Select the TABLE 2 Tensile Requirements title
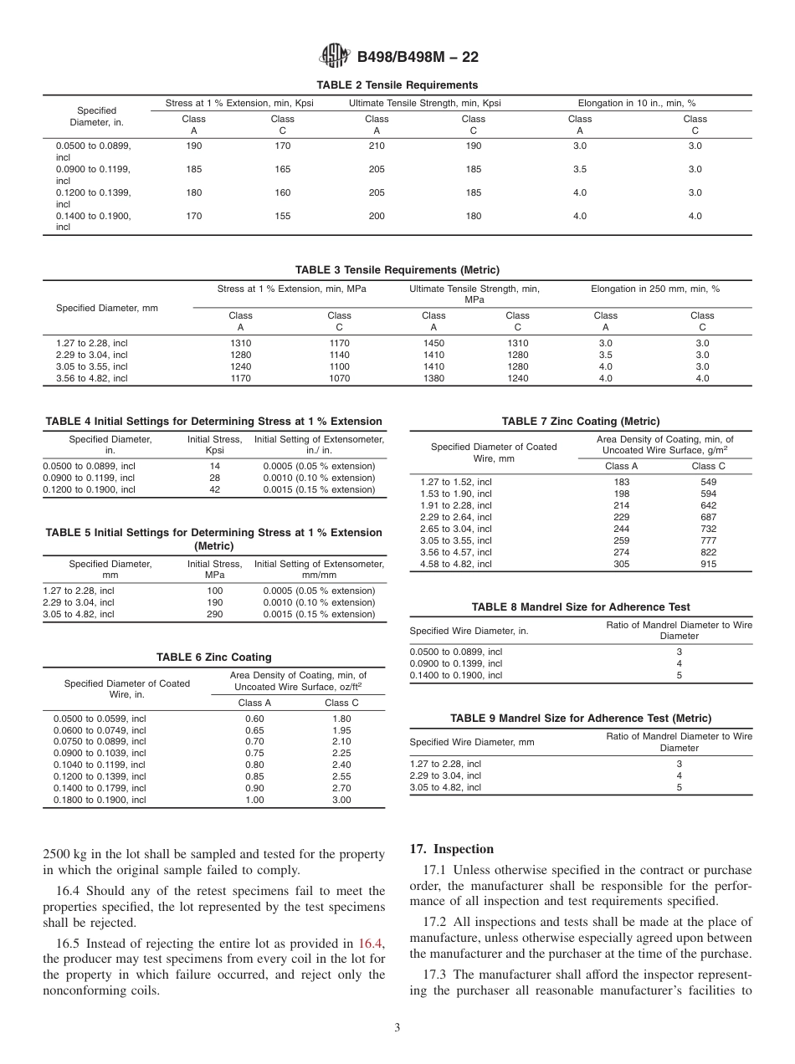click(397, 85)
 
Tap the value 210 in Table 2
click(377, 146)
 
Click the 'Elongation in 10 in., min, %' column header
click(637, 104)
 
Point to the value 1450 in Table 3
click(433, 343)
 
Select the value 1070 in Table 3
click(339, 378)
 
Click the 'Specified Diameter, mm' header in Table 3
click(107, 308)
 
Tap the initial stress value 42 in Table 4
click(214, 489)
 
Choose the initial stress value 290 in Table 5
click(214, 614)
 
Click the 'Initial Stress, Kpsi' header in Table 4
click(214, 444)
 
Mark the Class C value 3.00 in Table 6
click(341, 800)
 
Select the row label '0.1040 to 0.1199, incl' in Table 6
click(100, 765)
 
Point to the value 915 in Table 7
click(708, 564)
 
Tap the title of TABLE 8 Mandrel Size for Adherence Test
click(581, 607)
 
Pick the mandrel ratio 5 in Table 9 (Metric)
click(679, 787)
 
